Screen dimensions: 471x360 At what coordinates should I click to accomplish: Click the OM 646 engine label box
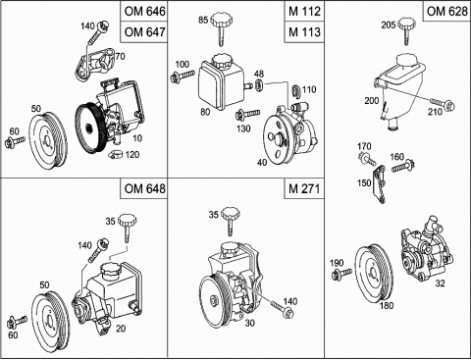coord(144,11)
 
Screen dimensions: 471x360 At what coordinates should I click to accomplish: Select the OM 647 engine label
coord(144,32)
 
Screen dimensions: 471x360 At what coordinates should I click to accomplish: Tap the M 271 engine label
coord(304,188)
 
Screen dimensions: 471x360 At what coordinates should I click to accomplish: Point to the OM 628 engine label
coord(446,11)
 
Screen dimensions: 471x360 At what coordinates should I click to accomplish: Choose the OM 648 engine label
coord(144,188)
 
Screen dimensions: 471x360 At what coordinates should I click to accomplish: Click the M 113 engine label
coord(304,32)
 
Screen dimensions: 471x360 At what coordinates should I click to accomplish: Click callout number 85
coord(203,20)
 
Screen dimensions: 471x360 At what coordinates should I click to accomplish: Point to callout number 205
coord(389,25)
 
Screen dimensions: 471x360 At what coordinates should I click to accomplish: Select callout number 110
coord(309,89)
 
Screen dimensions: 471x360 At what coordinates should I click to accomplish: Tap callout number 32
coord(440,283)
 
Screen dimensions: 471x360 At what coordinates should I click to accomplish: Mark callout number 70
coord(120,57)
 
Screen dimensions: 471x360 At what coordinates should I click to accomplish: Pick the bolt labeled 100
coord(183,77)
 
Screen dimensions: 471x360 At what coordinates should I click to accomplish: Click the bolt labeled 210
coord(442,103)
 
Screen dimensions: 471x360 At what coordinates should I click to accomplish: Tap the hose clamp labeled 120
coord(115,153)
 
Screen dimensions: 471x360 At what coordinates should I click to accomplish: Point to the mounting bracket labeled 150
coord(380,183)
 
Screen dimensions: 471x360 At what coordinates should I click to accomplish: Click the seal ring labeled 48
coord(259,85)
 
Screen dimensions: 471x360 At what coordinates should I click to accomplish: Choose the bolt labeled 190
coord(341,274)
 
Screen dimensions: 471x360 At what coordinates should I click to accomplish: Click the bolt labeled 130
coord(247,114)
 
